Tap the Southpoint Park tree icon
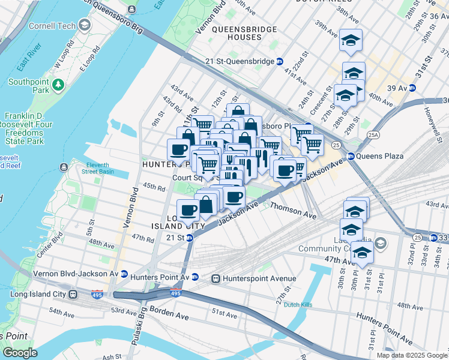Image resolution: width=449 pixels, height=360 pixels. (58, 85)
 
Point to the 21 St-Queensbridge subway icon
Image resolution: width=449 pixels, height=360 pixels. (279, 62)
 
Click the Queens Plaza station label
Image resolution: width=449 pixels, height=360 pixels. (379, 156)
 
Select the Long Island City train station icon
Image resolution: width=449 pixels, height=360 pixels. (73, 295)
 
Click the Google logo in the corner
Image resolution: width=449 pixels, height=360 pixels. (19, 353)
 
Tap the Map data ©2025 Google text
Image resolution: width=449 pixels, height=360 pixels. (411, 355)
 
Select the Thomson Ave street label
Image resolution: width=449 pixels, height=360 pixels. (293, 209)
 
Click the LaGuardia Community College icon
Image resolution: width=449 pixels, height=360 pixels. (379, 243)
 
